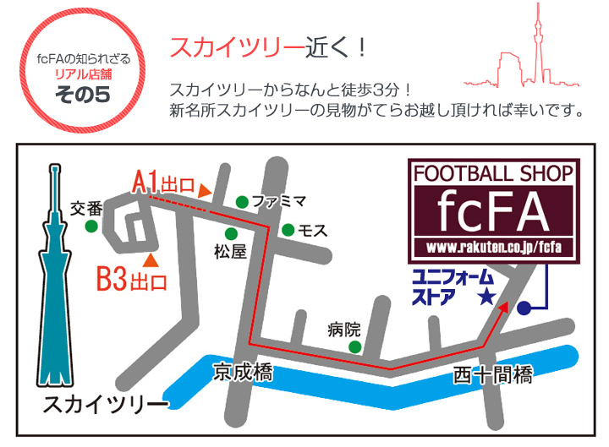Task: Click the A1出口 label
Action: point(165,180)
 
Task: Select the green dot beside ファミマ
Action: point(242,201)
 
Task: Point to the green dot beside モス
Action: point(288,230)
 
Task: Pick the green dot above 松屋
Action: point(230,233)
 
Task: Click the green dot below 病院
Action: point(355,346)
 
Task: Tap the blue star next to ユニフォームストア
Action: point(486,297)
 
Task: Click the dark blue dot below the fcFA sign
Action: point(524,308)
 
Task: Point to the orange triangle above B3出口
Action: point(150,258)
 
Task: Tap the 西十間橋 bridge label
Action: point(492,373)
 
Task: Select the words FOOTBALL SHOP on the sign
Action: point(493,175)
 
